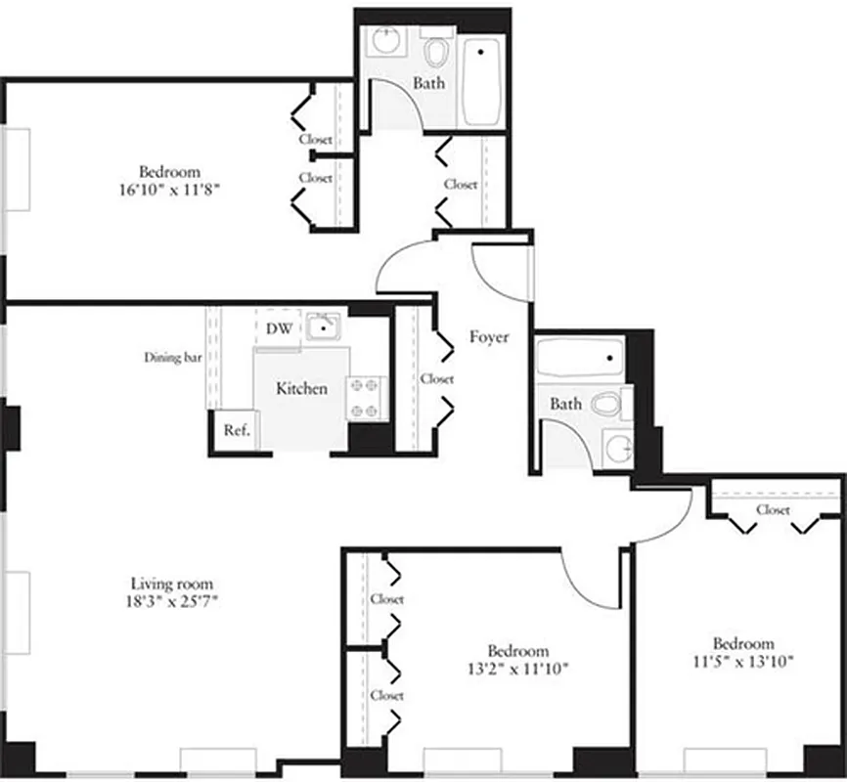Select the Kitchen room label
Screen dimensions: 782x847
(x=301, y=388)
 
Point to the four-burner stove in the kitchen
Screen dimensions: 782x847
(x=366, y=398)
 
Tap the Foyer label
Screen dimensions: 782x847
(x=489, y=337)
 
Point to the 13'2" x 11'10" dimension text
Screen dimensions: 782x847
(x=518, y=670)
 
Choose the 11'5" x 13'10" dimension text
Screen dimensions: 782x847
(x=743, y=661)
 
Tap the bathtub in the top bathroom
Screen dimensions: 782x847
(x=482, y=81)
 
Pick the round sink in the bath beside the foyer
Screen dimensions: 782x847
(x=616, y=449)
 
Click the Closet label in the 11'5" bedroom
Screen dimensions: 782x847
(x=773, y=509)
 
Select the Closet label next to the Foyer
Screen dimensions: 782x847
(x=437, y=378)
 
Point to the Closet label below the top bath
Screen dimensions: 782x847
(x=461, y=184)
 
